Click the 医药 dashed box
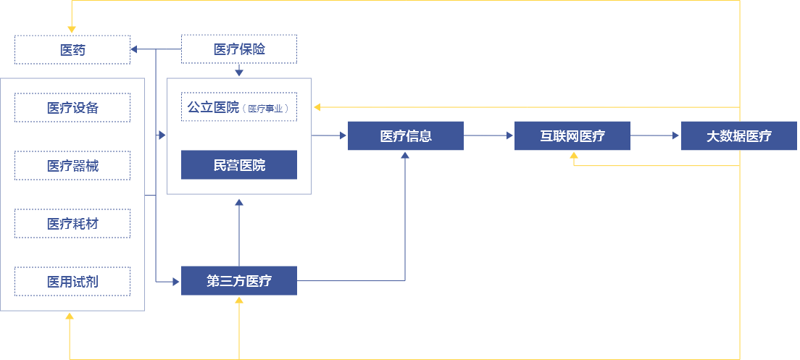point(72,49)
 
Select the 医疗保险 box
point(239,49)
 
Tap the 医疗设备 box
point(72,107)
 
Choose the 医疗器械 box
point(72,165)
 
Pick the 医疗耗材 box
point(72,223)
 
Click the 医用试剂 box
point(72,281)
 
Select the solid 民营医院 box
point(239,165)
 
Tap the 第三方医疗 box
point(239,281)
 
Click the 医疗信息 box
point(406,136)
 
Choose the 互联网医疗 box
point(572,136)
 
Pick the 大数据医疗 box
point(739,136)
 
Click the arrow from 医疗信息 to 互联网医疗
point(489,135)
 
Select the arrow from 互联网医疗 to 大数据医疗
point(656,135)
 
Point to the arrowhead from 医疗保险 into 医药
point(135,49)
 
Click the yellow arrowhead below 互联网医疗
point(573,156)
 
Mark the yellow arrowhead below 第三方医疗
point(239,301)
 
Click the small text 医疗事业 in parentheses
point(267,109)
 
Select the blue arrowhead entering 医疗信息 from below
point(405,156)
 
